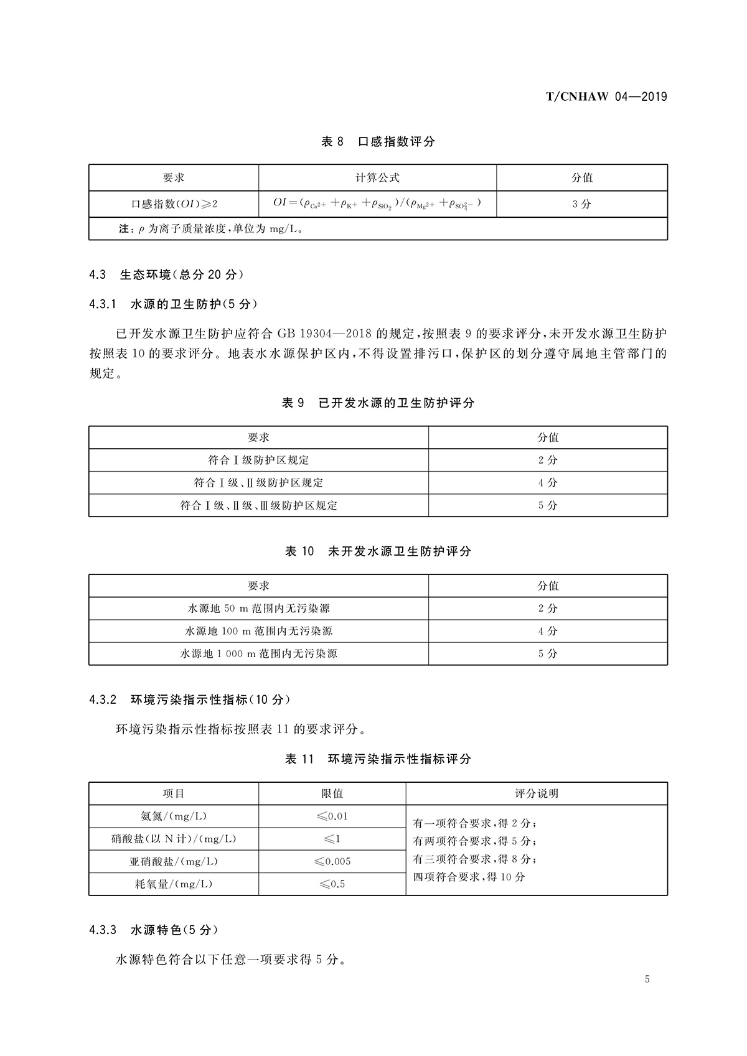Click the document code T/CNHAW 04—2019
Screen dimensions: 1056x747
tap(606, 96)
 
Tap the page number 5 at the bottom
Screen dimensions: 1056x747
tap(647, 979)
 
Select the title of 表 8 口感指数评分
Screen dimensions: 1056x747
tap(378, 142)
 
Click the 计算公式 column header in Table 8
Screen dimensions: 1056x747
tap(377, 178)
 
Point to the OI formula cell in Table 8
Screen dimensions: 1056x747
tap(377, 203)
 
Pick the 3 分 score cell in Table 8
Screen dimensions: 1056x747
tap(581, 204)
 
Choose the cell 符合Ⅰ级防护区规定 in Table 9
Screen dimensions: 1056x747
tap(258, 460)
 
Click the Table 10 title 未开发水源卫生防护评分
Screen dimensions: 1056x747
tap(378, 551)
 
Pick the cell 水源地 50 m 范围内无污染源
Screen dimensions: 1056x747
tap(258, 609)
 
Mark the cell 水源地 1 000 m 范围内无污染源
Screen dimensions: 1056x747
tap(258, 654)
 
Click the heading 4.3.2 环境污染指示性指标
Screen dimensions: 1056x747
tap(189, 699)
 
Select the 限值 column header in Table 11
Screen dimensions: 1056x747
tap(332, 794)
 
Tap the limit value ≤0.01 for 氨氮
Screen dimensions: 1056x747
tap(332, 816)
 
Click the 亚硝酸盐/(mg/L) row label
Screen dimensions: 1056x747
tap(174, 862)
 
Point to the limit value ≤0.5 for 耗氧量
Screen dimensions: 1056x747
tap(332, 884)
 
